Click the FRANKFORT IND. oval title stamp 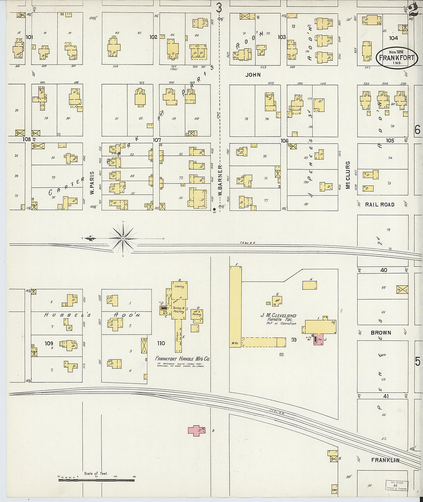[396, 58]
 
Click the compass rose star [123, 238]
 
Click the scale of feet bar [96, 479]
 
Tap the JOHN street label [253, 75]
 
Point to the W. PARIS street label [92, 182]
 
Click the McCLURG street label [348, 175]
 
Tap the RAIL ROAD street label [380, 205]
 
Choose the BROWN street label [381, 333]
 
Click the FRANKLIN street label [385, 460]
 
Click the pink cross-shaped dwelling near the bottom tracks [197, 430]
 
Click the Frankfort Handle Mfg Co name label [182, 359]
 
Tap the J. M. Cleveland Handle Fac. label [278, 319]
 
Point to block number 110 [160, 343]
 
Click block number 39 [294, 340]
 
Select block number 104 [393, 38]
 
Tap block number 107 [157, 140]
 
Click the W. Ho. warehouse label [235, 343]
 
